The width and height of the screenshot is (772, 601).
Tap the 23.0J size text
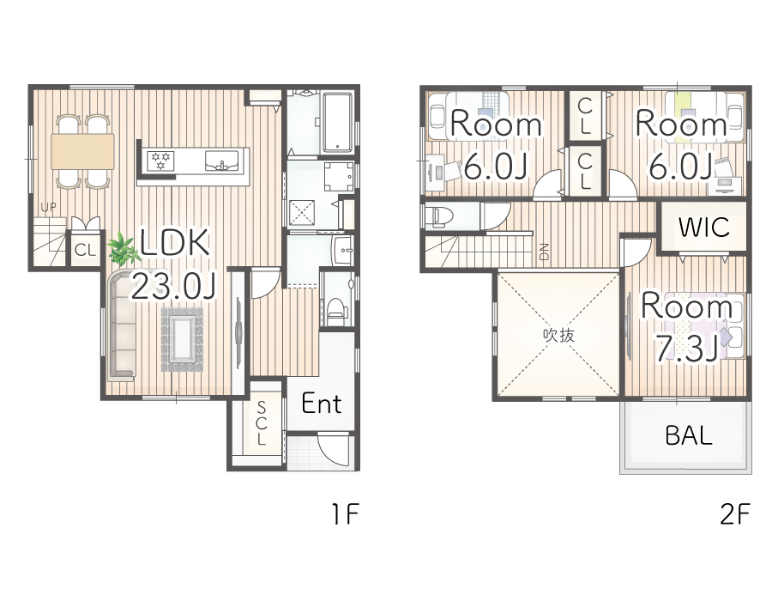point(172,286)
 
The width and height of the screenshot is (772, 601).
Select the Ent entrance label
point(321,404)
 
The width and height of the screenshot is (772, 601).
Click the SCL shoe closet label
point(261,423)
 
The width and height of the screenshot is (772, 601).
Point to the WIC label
point(703,228)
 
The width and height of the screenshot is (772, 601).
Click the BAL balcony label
point(688,435)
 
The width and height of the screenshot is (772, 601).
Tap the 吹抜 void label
point(558,336)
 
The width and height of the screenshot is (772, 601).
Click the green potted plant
point(123,250)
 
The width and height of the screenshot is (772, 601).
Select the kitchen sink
point(222,161)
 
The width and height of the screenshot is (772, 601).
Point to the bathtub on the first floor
point(338,122)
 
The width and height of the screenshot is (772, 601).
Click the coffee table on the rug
point(182,338)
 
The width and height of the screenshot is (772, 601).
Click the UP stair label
point(48,207)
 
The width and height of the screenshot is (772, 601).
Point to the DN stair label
point(545,252)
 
